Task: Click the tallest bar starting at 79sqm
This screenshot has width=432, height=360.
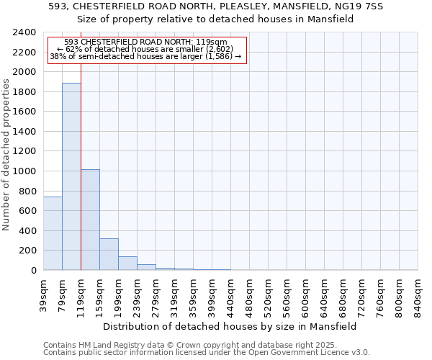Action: (71, 176)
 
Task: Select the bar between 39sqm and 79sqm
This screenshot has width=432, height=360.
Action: (53, 233)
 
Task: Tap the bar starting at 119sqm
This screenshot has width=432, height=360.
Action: (90, 220)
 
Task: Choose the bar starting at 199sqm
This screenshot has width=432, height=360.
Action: (127, 263)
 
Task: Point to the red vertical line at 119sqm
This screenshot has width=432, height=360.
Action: (81, 166)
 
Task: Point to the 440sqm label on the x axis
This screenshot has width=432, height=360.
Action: (231, 294)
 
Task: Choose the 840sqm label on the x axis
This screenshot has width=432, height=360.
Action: (418, 294)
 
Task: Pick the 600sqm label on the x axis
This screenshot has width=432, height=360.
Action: (306, 294)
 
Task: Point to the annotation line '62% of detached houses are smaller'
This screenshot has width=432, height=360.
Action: (146, 49)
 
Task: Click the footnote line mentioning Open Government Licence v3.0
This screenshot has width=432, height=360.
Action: (207, 353)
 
